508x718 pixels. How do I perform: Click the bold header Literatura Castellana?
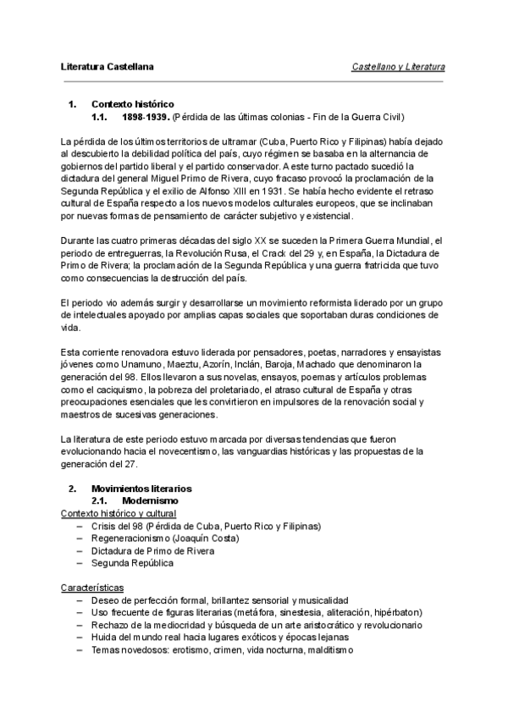click(107, 66)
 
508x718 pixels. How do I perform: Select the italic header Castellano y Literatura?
click(398, 66)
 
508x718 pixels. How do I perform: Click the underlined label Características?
click(93, 588)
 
